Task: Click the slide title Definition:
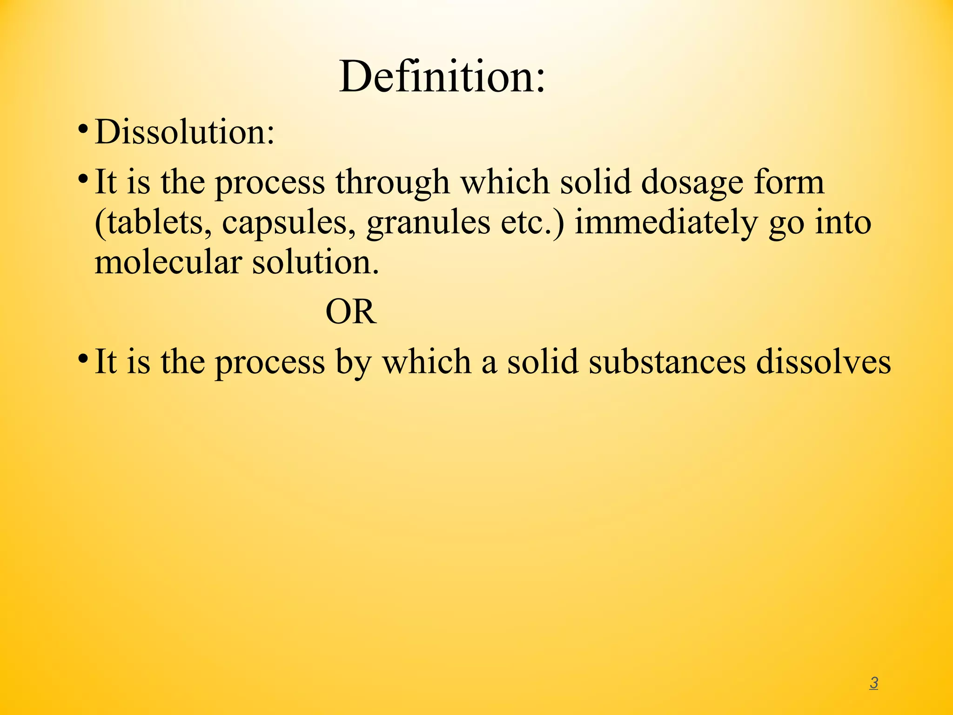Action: (x=442, y=77)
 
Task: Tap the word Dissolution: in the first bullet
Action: (x=185, y=132)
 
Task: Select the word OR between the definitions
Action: (x=351, y=311)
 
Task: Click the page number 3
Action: (x=873, y=683)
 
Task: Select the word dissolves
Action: (x=823, y=362)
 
